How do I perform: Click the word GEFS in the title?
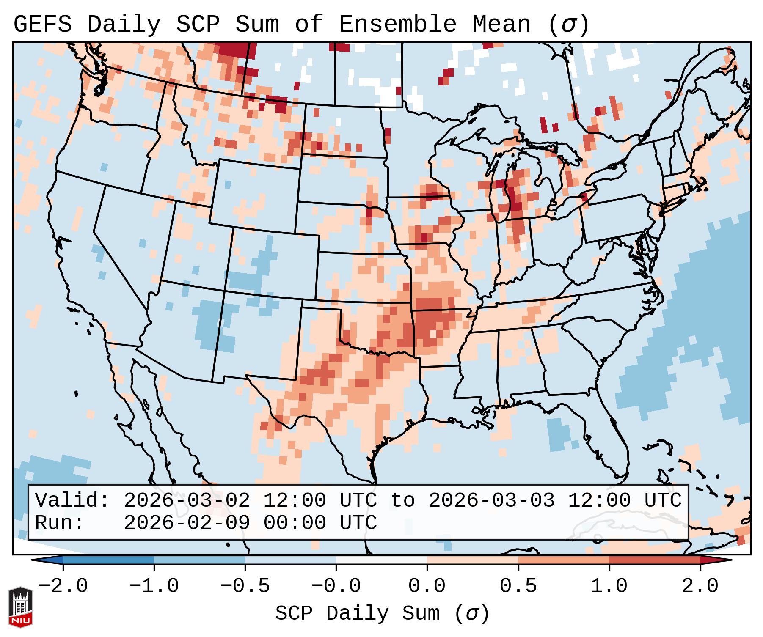(x=42, y=25)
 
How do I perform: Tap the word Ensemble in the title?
(x=398, y=25)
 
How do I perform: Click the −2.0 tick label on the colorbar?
(x=63, y=586)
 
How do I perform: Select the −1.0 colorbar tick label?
(x=154, y=586)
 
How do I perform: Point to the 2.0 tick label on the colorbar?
(x=700, y=586)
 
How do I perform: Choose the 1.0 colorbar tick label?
(x=609, y=586)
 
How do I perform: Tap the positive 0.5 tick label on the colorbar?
(x=518, y=586)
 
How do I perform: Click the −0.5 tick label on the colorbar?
(x=245, y=586)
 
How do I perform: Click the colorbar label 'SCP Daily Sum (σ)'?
(x=382, y=614)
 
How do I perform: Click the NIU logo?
(x=20, y=607)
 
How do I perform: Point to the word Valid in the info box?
(x=72, y=500)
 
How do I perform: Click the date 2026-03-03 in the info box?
(x=491, y=500)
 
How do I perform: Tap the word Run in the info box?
(x=59, y=523)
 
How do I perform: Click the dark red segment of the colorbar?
(x=655, y=560)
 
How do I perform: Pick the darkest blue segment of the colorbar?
(x=108, y=560)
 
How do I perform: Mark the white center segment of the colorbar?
(x=381, y=560)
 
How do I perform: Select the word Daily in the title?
(x=124, y=25)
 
